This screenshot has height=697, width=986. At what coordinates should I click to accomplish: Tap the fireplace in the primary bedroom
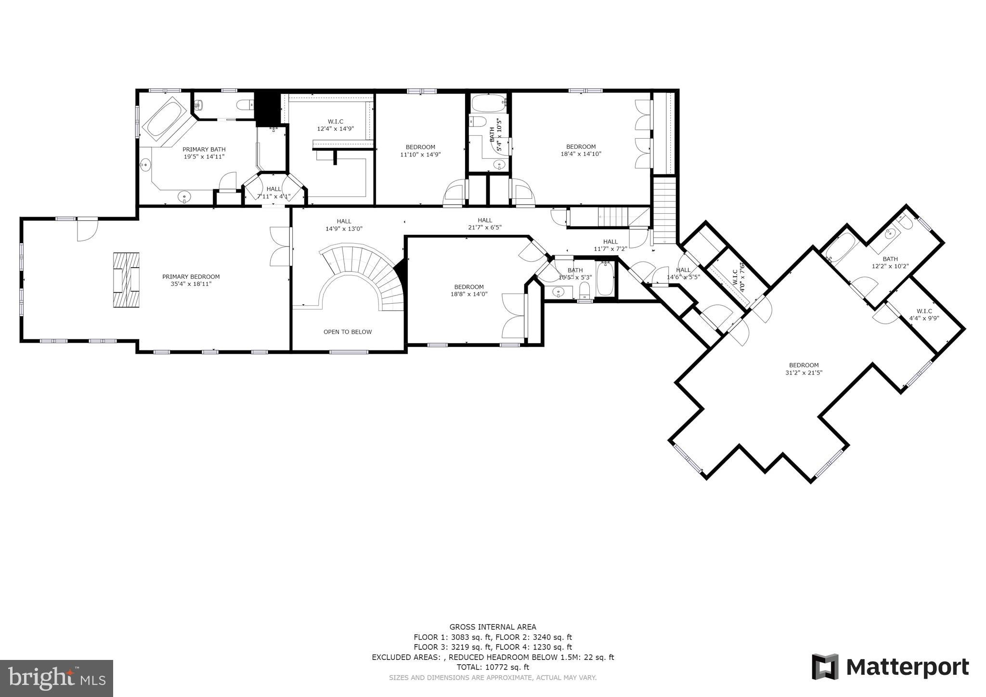click(126, 280)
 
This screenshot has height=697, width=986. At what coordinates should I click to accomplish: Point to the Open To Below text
click(347, 332)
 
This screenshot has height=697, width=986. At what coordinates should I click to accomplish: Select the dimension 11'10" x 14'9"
click(420, 155)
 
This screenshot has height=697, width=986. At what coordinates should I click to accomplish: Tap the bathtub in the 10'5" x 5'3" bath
click(605, 279)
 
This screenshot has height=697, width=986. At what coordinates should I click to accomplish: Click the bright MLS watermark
click(56, 679)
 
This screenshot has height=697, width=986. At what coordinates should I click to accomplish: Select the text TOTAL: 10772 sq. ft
click(493, 667)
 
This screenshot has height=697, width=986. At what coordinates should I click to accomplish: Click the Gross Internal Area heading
click(493, 627)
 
